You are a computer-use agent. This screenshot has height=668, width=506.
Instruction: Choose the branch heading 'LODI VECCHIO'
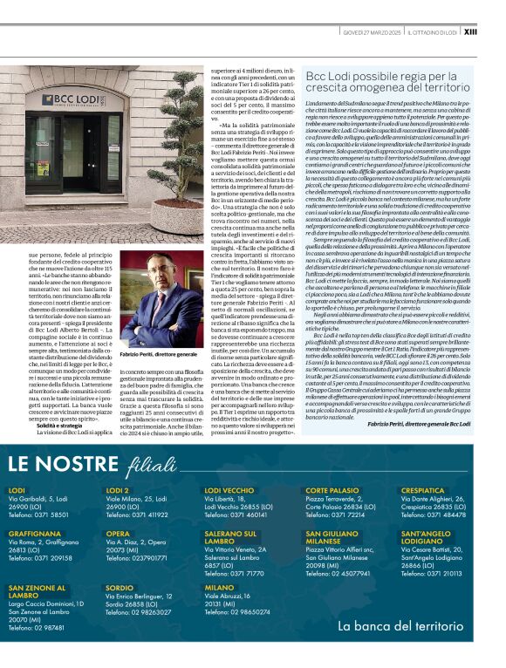(x=229, y=491)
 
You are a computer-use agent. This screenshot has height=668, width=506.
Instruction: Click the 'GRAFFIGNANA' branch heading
(x=34, y=533)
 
